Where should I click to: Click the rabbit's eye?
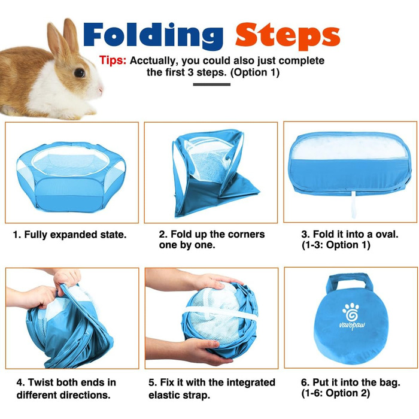80,72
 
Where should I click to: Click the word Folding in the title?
153,36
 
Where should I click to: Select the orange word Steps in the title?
288,36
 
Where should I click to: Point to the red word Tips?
113,60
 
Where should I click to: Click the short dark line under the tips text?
212,84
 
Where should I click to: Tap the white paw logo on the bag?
351,312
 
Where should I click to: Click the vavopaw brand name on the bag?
352,325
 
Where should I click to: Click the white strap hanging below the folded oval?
354,205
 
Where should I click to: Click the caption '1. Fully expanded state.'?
70,235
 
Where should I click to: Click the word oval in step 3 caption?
387,234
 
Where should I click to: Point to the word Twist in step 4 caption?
40,382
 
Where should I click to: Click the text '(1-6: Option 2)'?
336,393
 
